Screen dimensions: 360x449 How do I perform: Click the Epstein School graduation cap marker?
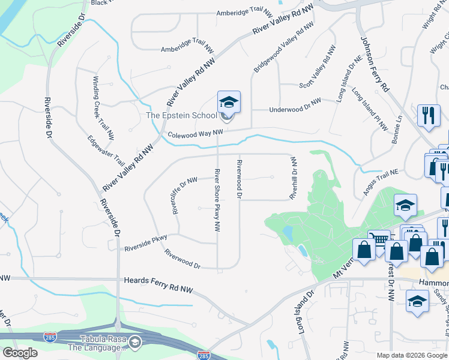pyautogui.click(x=229, y=103)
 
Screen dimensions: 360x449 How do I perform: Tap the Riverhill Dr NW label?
pyautogui.click(x=294, y=178)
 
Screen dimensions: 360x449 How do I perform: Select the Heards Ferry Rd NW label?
pyautogui.click(x=158, y=281)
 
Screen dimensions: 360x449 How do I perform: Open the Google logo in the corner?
pyautogui.click(x=20, y=353)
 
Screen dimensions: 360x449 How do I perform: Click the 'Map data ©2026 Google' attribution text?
pyautogui.click(x=411, y=355)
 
